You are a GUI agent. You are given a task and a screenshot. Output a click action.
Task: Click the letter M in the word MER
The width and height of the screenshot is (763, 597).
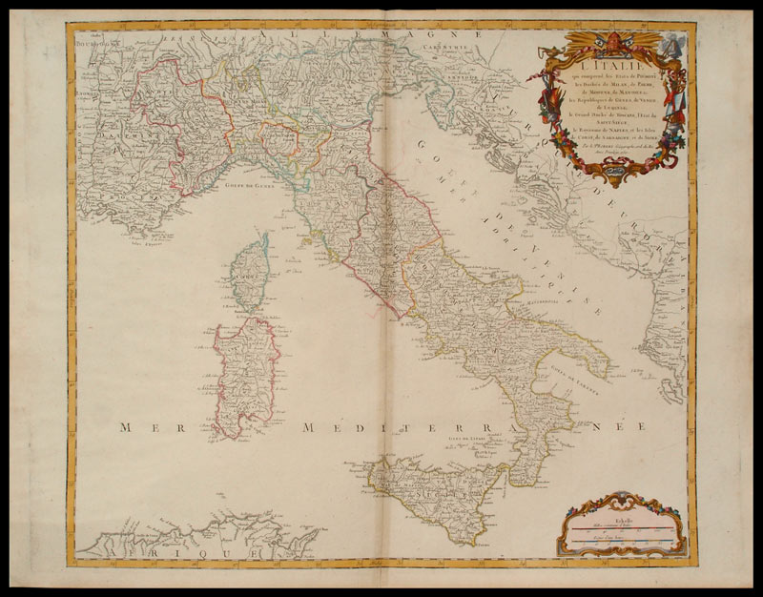(125, 429)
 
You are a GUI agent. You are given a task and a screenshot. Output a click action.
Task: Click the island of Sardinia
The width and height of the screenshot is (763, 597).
(246, 372)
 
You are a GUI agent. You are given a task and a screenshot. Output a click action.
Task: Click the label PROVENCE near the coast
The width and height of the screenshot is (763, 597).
(124, 219)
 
